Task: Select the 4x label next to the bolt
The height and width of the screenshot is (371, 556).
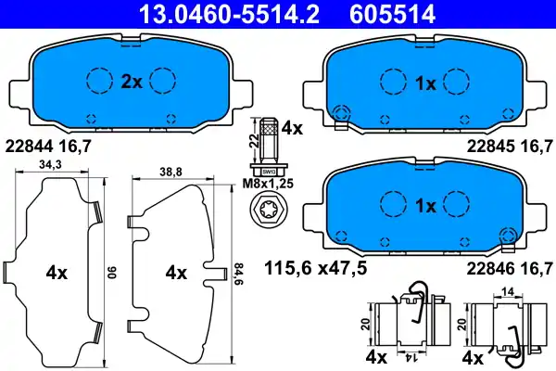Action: pyautogui.click(x=292, y=129)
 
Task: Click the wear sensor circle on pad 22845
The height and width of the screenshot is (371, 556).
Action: pyautogui.click(x=340, y=114)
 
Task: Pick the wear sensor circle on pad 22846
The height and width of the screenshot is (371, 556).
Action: pyautogui.click(x=506, y=237)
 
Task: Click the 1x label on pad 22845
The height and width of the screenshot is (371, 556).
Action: pyautogui.click(x=425, y=83)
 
